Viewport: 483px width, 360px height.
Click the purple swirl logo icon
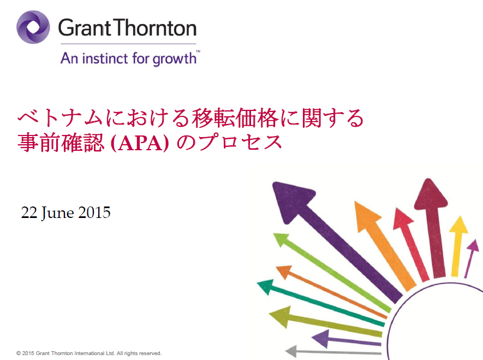33,27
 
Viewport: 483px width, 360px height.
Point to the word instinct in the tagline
105,58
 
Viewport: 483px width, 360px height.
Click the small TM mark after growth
198,51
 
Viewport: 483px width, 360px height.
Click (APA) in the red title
140,143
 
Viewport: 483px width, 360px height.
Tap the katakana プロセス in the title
240,143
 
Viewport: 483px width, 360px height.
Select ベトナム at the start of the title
60,118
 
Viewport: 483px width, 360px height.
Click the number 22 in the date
29,213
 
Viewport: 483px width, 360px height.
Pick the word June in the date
58,213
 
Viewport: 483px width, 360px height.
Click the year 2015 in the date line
94,213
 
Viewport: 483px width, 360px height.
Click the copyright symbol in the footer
19,353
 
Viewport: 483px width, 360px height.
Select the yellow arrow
457,246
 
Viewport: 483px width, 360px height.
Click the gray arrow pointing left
333,351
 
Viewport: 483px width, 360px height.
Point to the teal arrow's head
266,286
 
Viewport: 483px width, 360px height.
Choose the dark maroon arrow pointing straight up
432,228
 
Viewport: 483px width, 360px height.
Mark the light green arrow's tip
274,234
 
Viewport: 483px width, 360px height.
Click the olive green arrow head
281,316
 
